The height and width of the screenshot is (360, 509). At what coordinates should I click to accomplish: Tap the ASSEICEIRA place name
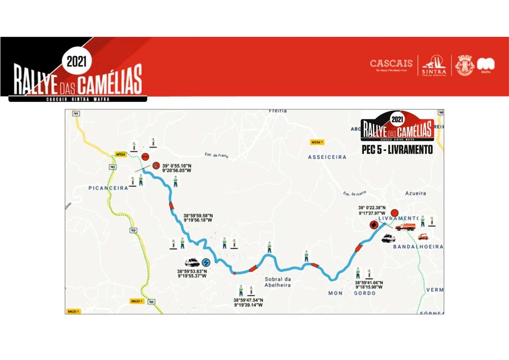tap(327, 157)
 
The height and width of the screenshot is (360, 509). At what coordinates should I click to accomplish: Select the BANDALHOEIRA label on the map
tap(418, 247)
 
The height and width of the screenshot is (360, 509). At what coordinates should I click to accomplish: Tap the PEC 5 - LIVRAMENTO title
tap(397, 149)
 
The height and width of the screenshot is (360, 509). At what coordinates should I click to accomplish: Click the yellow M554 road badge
tap(120, 155)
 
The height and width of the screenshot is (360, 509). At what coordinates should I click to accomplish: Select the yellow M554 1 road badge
tap(317, 142)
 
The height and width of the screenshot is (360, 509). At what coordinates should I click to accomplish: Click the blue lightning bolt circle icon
tap(206, 262)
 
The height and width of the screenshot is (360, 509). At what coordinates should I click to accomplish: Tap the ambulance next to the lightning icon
tap(192, 262)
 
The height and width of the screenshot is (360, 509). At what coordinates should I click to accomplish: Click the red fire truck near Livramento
tap(405, 227)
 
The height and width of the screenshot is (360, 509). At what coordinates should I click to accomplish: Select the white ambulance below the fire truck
tap(388, 238)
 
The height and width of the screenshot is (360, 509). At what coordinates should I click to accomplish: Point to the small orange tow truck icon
tap(423, 236)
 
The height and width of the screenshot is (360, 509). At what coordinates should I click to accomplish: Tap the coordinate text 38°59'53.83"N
tap(192, 271)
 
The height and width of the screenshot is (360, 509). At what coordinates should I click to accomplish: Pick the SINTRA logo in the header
tap(434, 65)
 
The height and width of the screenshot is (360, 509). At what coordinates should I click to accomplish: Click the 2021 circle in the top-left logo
tap(77, 62)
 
